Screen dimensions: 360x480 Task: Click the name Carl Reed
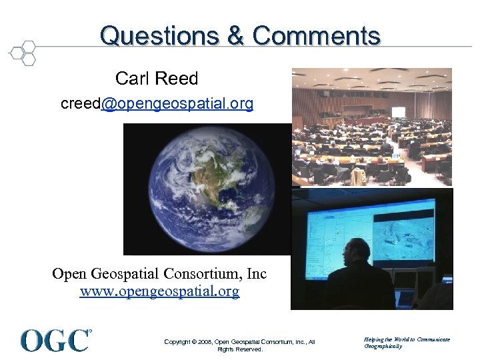click(157, 79)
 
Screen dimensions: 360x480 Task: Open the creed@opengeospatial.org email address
click(157, 104)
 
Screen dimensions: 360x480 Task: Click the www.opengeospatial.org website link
click(159, 292)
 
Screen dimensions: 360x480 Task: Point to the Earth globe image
click(206, 188)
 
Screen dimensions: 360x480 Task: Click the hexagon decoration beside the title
click(23, 53)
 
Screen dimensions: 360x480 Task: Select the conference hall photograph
click(371, 127)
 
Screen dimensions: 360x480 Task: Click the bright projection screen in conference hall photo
click(398, 112)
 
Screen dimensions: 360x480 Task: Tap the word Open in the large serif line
click(68, 274)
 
